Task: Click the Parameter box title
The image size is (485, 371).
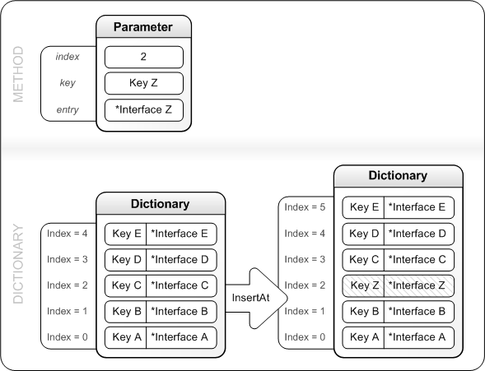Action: tap(143, 27)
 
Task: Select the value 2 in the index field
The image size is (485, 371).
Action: tap(143, 57)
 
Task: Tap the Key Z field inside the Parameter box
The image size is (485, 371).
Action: tap(143, 83)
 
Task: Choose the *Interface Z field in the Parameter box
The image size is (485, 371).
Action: tap(143, 109)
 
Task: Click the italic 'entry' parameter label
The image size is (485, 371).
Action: tap(68, 109)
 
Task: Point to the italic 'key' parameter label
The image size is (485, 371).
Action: tap(68, 83)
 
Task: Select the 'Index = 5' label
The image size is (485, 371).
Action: tap(304, 207)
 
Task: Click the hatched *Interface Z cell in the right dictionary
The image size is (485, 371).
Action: tap(417, 285)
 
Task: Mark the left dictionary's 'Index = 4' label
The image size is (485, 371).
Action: tap(67, 234)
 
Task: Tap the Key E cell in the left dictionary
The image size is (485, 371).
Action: tap(125, 234)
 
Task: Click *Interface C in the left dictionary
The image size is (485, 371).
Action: tap(180, 285)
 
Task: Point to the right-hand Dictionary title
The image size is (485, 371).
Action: tap(398, 175)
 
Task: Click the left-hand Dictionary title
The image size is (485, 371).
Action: tap(161, 203)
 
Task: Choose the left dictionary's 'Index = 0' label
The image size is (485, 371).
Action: tap(67, 337)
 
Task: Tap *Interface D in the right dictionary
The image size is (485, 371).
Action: tap(417, 234)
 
